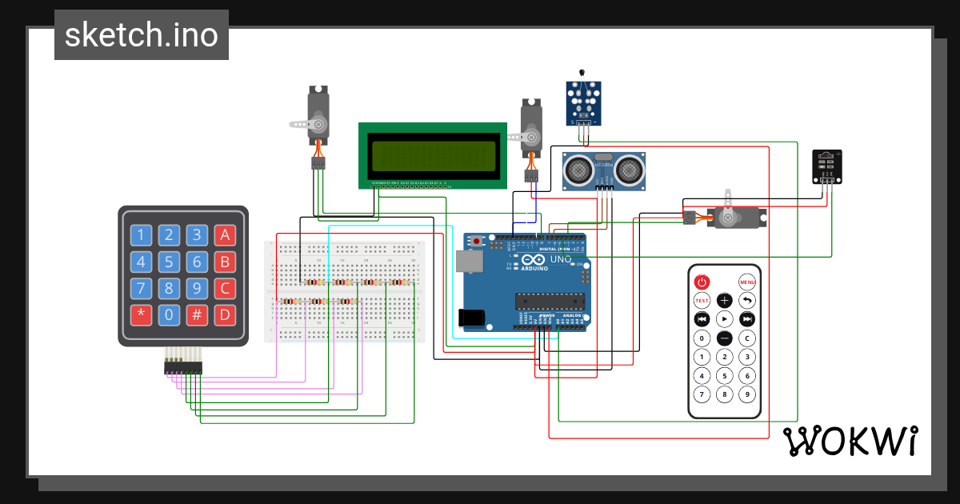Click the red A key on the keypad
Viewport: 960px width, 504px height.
225,235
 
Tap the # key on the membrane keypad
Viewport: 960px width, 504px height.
197,314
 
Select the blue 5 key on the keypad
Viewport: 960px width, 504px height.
169,262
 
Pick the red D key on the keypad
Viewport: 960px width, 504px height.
225,314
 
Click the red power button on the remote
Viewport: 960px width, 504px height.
702,282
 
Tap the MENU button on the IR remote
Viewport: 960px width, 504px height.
747,282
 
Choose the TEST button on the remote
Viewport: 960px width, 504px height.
702,301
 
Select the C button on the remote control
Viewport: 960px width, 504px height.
747,338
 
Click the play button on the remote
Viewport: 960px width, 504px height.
724,319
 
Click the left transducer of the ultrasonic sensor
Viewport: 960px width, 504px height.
578,169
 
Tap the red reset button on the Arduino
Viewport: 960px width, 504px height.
478,241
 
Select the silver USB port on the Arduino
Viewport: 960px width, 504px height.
468,262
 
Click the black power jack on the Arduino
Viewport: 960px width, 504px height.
472,318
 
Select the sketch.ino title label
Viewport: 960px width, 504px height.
142,35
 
